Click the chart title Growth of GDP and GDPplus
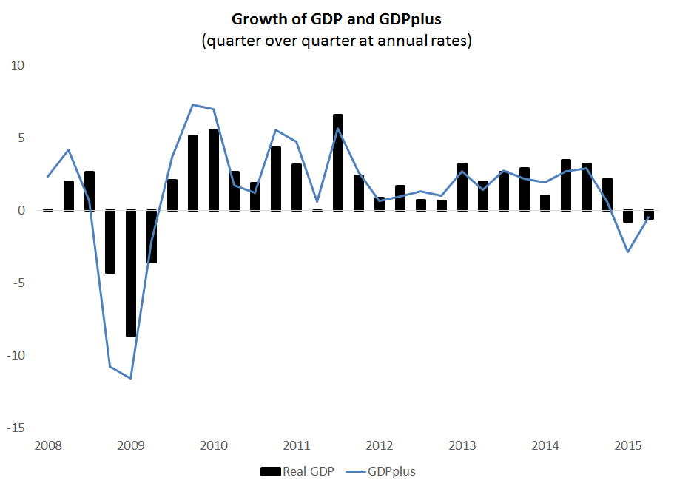pos(336,19)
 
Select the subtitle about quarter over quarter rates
pos(336,41)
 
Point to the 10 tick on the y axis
pos(17,66)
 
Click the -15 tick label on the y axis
pos(16,428)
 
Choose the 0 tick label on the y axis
pos(21,211)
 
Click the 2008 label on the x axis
pos(48,446)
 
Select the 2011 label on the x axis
pos(297,446)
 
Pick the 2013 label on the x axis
pos(462,446)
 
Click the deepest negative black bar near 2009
pos(131,274)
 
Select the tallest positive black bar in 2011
pos(338,162)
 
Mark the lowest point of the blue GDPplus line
pos(131,378)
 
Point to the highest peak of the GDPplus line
pos(192,104)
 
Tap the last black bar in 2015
pos(649,215)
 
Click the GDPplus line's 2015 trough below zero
pos(628,252)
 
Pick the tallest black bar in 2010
pos(214,169)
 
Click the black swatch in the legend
pos(271,471)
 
